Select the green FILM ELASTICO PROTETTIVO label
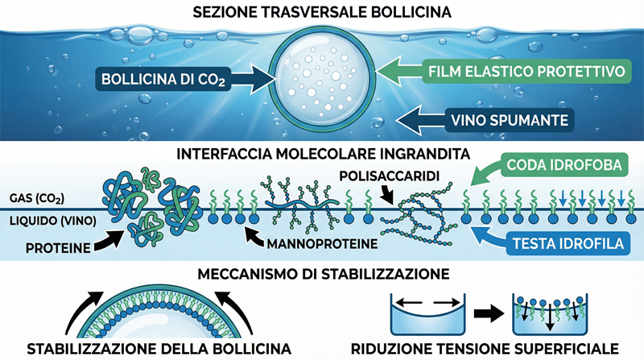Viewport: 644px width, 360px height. point(527,72)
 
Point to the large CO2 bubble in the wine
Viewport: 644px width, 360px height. point(322,78)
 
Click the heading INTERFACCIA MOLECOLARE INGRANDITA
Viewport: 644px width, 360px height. point(321,153)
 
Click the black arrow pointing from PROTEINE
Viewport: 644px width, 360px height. point(108,236)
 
